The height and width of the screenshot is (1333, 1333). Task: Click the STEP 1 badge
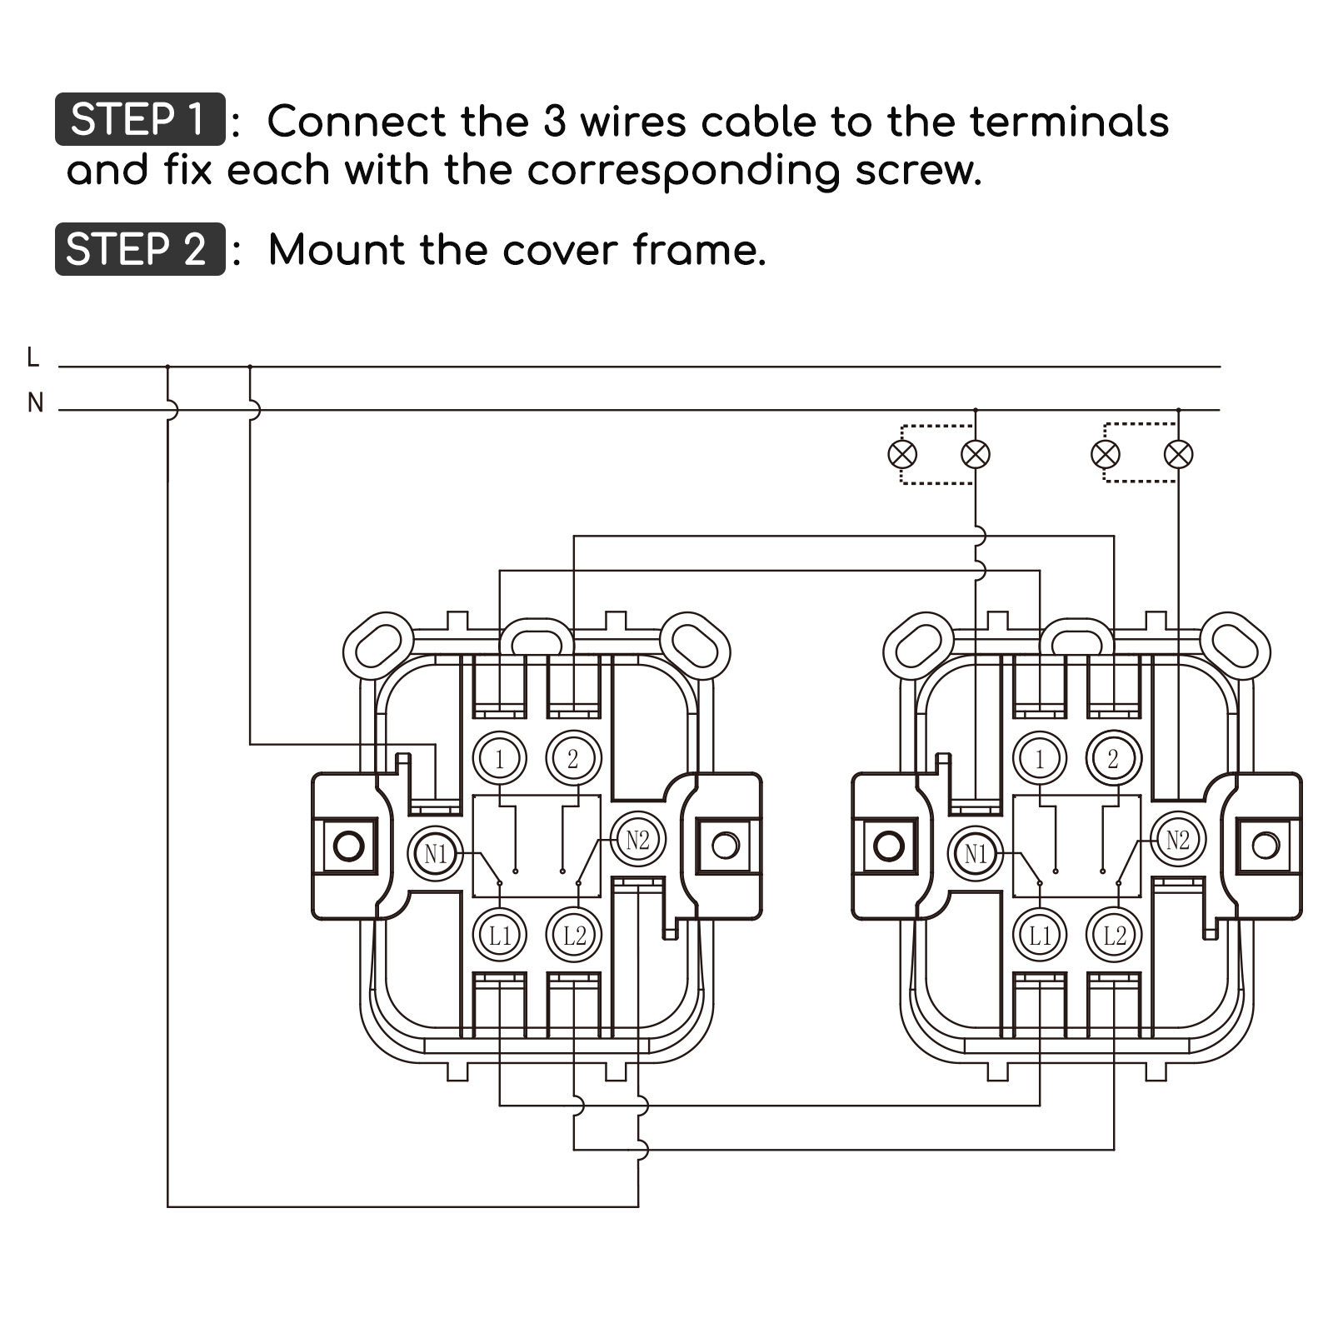139,119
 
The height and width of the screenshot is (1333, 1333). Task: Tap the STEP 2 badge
139,249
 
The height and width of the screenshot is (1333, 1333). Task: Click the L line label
33,357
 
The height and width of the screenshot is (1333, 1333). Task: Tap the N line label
35,403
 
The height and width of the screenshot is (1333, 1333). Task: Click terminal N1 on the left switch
435,853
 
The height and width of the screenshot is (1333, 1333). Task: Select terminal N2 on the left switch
637,840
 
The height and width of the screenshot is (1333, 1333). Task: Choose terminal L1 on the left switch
499,936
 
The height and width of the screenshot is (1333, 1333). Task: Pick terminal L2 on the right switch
1114,936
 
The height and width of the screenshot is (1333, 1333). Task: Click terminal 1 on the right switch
1039,758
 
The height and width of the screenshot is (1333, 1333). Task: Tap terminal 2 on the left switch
573,758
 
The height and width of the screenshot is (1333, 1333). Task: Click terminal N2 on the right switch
1177,840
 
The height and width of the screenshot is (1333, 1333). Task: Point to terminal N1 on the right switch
975,853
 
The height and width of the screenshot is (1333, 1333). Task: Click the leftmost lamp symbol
902,454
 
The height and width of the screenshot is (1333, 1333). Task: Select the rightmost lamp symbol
1178,454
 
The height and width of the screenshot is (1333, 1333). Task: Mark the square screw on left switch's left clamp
348,846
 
